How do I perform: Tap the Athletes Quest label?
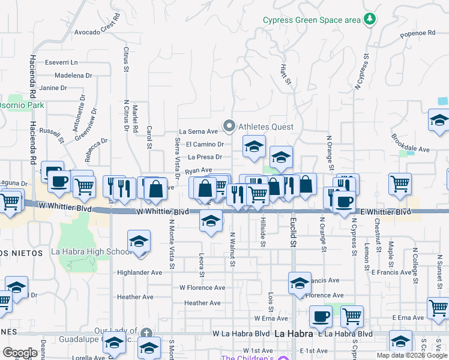coord(266,127)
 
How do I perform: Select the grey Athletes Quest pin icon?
coord(229,126)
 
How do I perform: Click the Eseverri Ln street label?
coord(61,62)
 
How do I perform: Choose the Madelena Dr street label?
coord(73,76)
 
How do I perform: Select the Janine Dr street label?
coord(53,88)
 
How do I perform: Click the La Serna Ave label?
coord(198,131)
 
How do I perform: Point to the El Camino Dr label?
coord(205,144)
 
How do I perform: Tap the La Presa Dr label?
coord(205,157)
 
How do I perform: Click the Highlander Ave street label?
coord(140,272)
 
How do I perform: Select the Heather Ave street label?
coord(136,297)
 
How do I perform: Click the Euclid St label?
coord(294,235)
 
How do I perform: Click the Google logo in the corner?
coord(20,352)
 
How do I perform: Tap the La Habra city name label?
coord(294,334)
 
